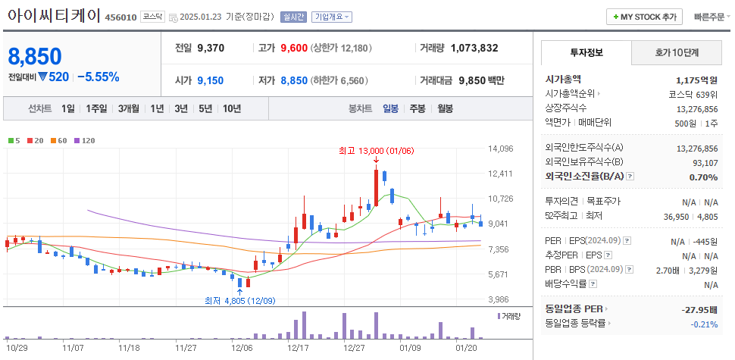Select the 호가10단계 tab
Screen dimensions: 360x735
pyautogui.click(x=677, y=53)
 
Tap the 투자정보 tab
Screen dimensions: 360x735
pyautogui.click(x=586, y=53)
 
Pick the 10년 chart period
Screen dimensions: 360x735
pyautogui.click(x=232, y=108)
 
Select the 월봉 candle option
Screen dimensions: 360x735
pyautogui.click(x=445, y=108)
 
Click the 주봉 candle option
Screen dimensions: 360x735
pyautogui.click(x=418, y=108)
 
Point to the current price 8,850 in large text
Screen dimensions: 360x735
pyautogui.click(x=35, y=57)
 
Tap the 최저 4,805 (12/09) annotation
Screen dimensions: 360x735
pyautogui.click(x=239, y=300)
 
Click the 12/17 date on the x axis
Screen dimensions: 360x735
pyautogui.click(x=298, y=348)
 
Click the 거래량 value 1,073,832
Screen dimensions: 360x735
pyautogui.click(x=474, y=48)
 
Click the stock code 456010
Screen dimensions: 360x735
pyautogui.click(x=121, y=17)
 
